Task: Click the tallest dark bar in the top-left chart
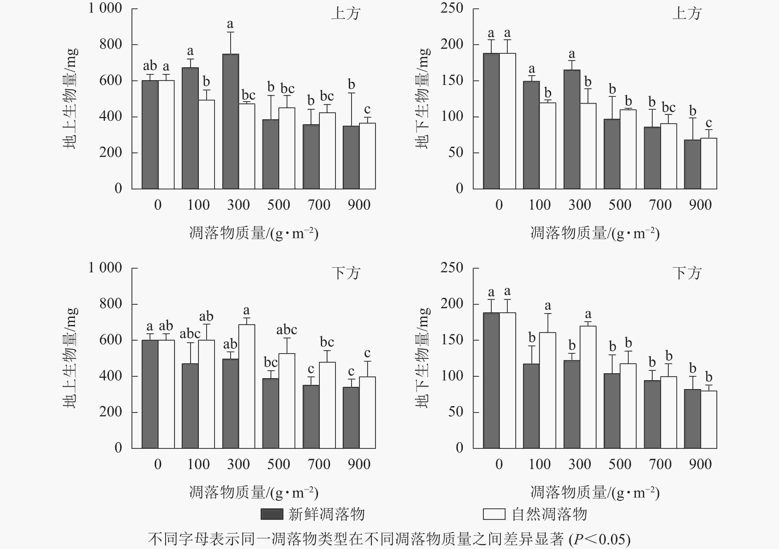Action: pos(231,121)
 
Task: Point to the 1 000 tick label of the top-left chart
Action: pos(105,8)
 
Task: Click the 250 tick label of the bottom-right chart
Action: pos(452,268)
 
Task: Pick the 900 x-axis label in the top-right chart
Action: pos(700,205)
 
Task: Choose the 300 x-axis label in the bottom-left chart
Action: pos(238,464)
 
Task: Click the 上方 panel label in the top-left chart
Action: pos(346,14)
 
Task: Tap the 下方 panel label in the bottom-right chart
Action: pos(687,273)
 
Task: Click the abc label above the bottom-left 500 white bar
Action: pos(287,330)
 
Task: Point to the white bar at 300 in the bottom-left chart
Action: pos(247,386)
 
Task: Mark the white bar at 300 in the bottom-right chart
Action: pos(588,387)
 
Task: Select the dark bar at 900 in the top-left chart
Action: pos(351,157)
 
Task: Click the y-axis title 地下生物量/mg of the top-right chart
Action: pos(422,99)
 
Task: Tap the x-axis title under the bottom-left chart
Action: pos(254,493)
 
